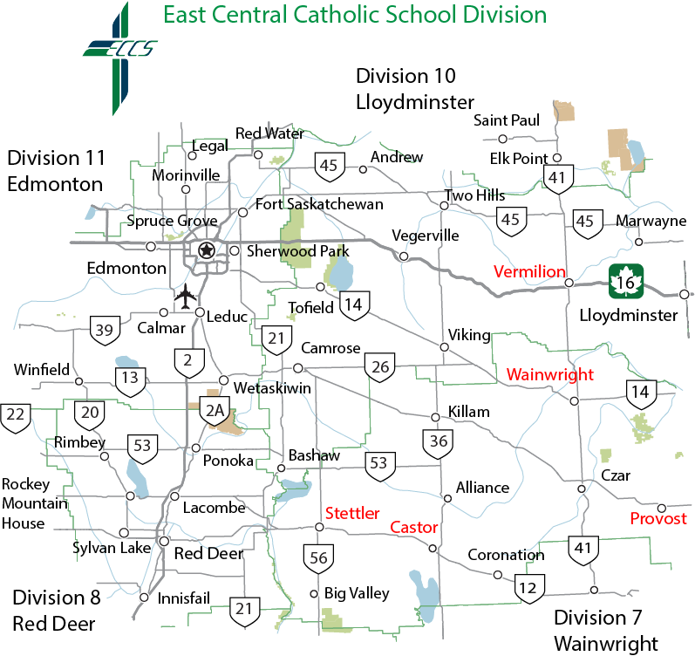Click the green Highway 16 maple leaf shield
click(626, 280)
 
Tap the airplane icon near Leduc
click(186, 297)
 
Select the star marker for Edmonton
click(207, 250)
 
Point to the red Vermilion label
click(529, 271)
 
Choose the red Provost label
click(658, 519)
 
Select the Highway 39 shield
click(105, 330)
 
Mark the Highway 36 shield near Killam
click(438, 443)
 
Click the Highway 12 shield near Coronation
click(528, 587)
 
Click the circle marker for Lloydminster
click(685, 294)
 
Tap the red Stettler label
click(351, 513)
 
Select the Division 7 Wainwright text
click(606, 631)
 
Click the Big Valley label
click(356, 593)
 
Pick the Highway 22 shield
click(15, 415)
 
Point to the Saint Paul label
click(507, 120)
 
